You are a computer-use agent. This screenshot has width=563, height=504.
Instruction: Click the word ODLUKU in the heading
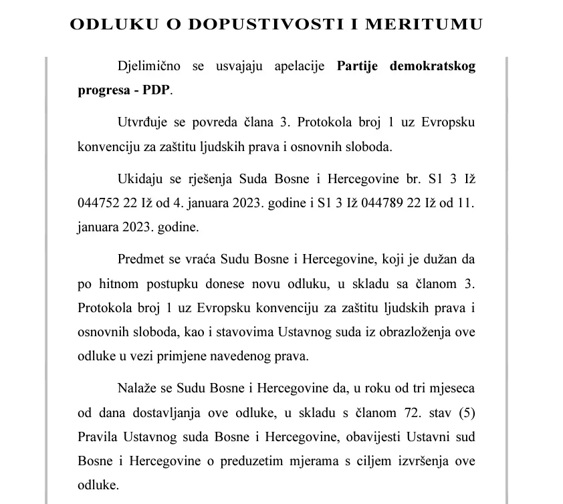pyautogui.click(x=108, y=24)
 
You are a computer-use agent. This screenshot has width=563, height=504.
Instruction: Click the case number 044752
pyautogui.click(x=96, y=203)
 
